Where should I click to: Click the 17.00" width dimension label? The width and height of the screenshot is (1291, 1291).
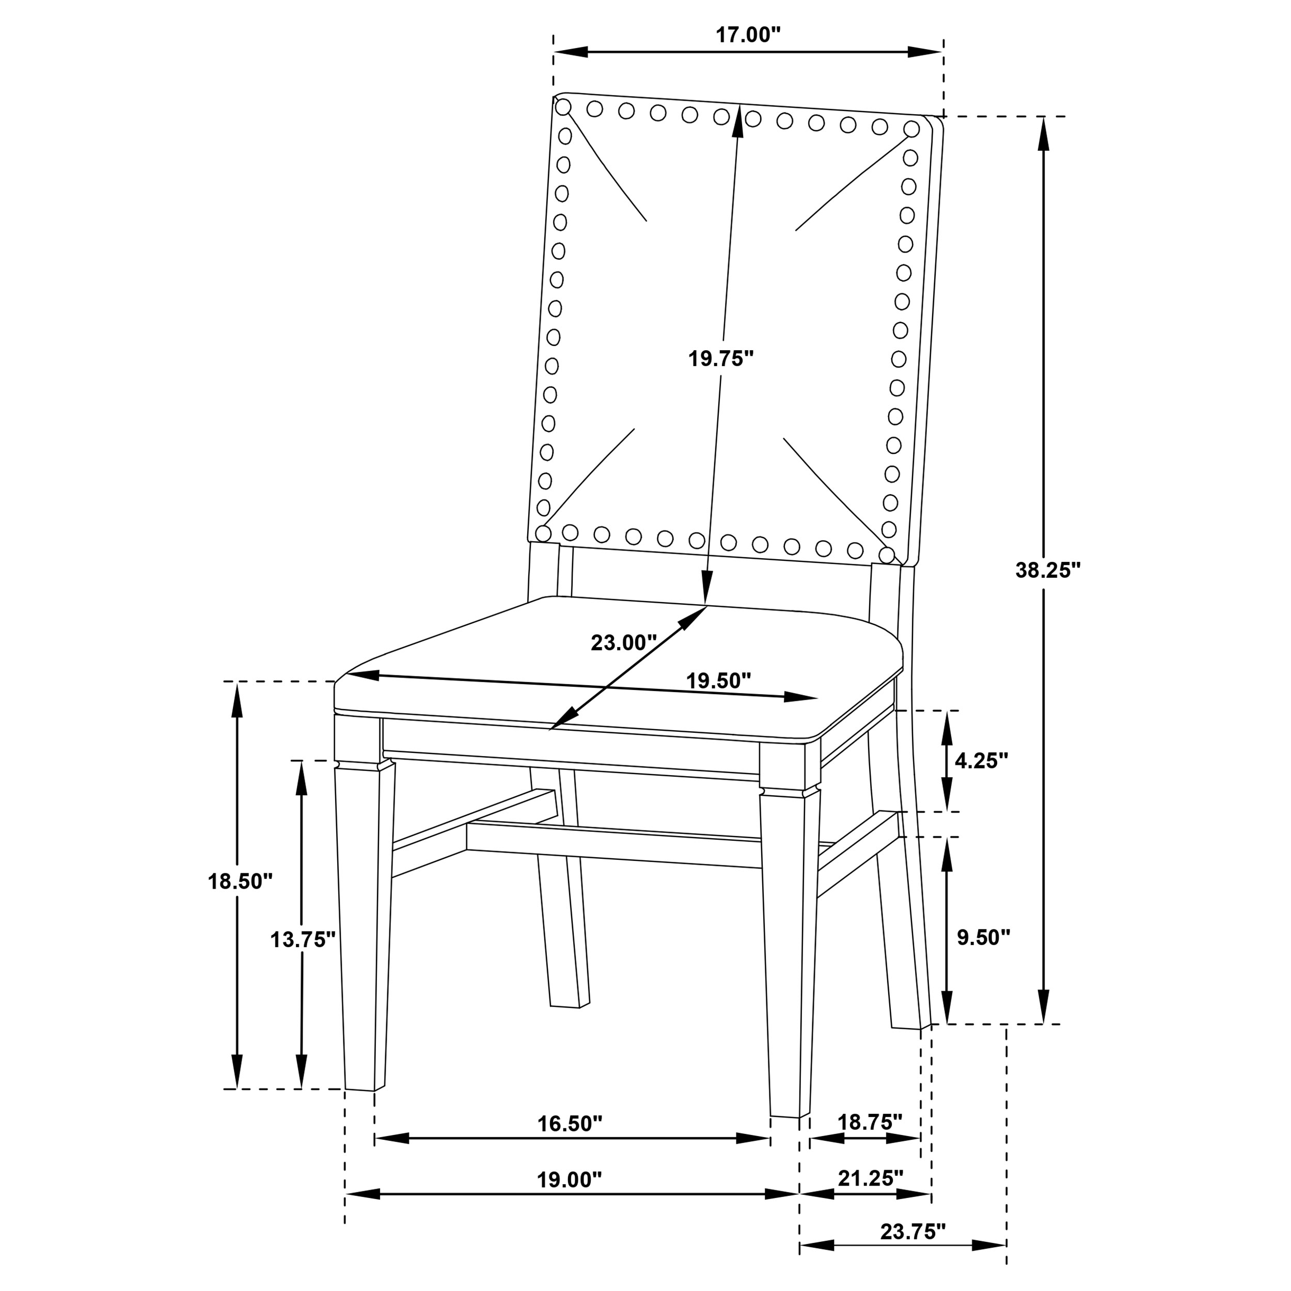pos(748,36)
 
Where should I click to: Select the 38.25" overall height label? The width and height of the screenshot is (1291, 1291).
pos(1047,570)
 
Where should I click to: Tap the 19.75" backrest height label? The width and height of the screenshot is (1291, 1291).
pos(720,359)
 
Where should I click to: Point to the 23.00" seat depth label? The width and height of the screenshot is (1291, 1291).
pos(623,643)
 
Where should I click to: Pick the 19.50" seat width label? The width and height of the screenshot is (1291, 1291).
pos(718,681)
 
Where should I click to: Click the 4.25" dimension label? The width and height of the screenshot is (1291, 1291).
pos(980,761)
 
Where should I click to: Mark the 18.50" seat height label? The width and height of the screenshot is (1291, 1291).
pos(240,881)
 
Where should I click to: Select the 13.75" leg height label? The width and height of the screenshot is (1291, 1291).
pos(302,939)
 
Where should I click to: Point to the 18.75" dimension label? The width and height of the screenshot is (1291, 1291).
pos(869,1122)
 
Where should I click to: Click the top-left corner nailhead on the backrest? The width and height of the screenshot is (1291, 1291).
pos(563,107)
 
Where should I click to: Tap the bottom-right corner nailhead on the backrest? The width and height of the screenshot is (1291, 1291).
pos(886,555)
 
